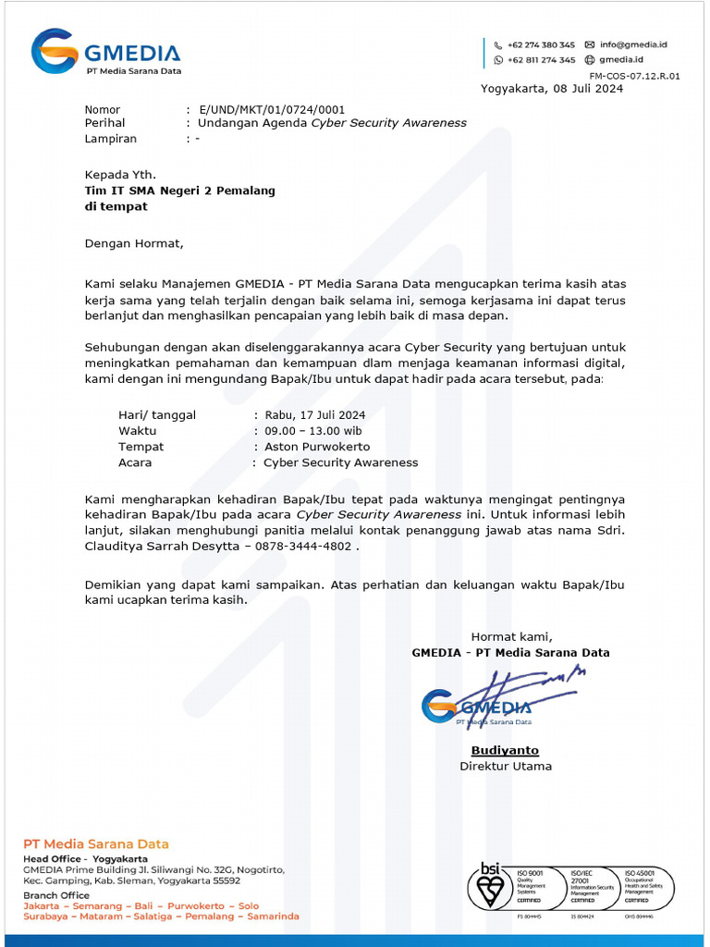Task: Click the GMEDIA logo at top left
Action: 105,52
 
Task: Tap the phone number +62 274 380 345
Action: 540,44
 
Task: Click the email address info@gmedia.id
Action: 633,44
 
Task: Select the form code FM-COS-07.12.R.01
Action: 634,76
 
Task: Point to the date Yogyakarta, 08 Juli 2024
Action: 552,89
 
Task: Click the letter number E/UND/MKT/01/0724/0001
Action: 272,109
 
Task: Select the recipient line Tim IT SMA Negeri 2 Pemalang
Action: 179,191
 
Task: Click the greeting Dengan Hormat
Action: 134,244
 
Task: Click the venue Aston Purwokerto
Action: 317,447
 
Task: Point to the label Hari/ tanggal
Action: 157,414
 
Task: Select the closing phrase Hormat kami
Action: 511,636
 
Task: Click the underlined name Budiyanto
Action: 505,750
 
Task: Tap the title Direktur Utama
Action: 506,766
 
